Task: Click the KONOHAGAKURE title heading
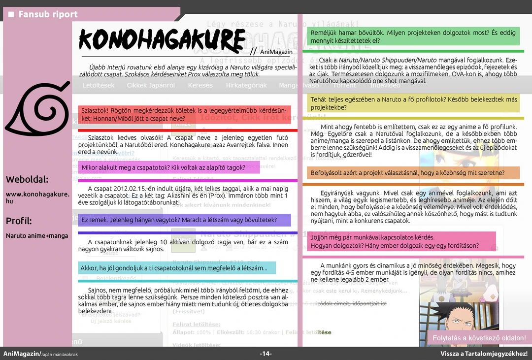coord(162,39)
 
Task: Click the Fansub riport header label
coord(48,14)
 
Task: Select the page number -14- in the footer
coord(266,354)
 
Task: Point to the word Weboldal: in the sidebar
coord(28,179)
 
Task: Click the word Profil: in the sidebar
coord(19,221)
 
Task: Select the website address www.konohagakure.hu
coord(37,197)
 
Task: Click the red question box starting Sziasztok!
coord(184,115)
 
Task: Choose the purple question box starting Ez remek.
coord(184,220)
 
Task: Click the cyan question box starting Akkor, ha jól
coord(176,268)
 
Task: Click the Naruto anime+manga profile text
coord(37,236)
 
